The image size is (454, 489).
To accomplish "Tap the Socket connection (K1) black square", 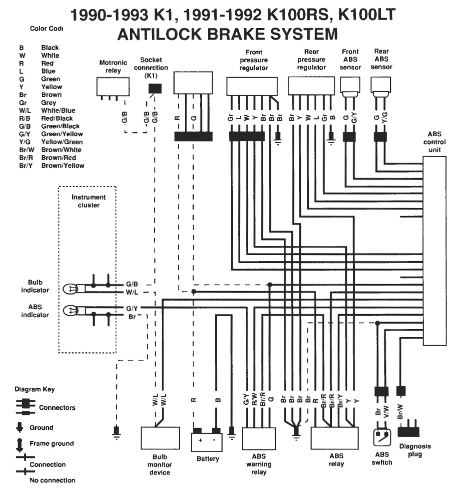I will pyautogui.click(x=155, y=89).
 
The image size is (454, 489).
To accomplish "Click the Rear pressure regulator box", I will pyautogui.click(x=311, y=85).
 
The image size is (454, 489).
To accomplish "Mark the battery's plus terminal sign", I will pyautogui.click(x=200, y=440).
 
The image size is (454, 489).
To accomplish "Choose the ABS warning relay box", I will pyautogui.click(x=258, y=438).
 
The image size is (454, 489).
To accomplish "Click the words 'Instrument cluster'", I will pyautogui.click(x=88, y=201).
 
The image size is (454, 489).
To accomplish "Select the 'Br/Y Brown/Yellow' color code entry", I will pyautogui.click(x=52, y=165).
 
